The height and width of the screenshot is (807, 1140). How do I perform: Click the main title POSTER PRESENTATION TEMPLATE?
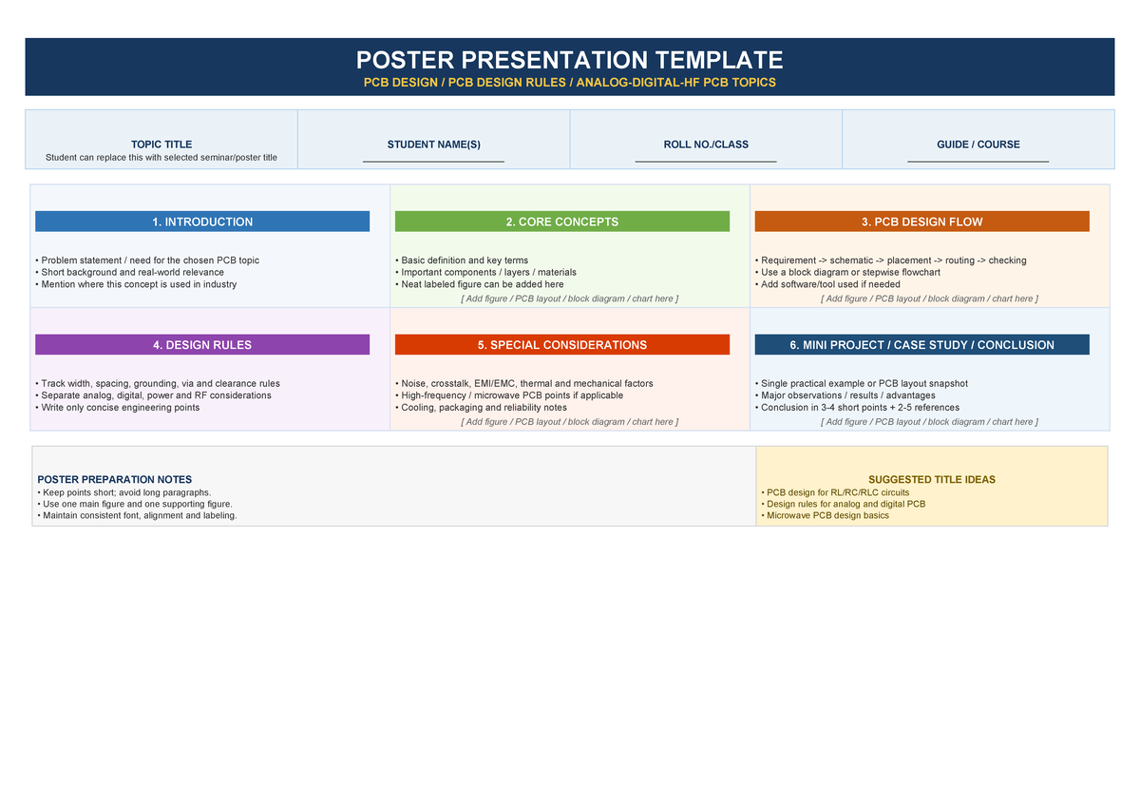pos(569,60)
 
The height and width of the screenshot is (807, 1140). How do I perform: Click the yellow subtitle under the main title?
pos(569,83)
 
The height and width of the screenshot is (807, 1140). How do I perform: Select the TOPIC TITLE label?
pos(161,144)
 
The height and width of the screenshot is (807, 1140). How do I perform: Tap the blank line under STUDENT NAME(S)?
pos(433,162)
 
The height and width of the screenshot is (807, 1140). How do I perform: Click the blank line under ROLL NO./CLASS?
pos(706,162)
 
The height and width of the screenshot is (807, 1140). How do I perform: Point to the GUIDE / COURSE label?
pos(978,144)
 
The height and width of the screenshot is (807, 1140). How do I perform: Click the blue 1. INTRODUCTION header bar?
pos(202,221)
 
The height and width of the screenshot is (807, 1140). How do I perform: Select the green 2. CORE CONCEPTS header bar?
pos(561,221)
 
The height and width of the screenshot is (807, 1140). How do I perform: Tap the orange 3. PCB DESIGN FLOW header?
pos(921,221)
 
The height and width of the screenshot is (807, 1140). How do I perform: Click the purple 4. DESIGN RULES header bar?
pos(202,345)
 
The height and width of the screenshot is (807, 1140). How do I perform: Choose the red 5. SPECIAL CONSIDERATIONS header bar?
pos(561,345)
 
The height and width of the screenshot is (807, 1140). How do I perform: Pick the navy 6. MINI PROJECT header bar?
pos(921,345)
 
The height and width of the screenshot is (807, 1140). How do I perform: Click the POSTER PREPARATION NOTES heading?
pos(114,480)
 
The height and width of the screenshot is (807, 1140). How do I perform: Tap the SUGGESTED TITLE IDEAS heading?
pos(931,480)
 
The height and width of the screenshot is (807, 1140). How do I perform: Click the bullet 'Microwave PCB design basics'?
pos(827,515)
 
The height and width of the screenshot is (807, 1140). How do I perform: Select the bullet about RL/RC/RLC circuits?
pos(837,492)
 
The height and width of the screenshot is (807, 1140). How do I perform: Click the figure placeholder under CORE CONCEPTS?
pos(569,298)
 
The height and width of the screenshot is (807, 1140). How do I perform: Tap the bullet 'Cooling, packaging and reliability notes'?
pos(484,407)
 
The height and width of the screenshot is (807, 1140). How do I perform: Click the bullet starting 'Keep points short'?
pos(123,492)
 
